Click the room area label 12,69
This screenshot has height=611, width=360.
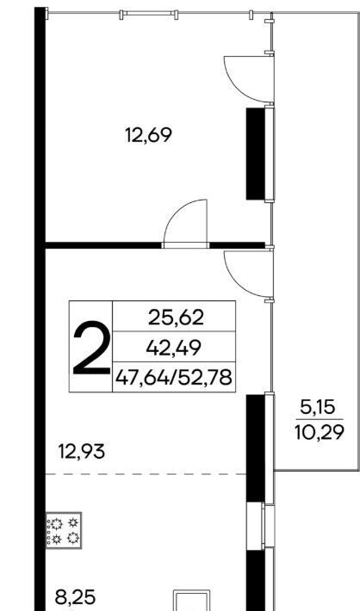click(148, 136)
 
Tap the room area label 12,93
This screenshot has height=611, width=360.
click(82, 452)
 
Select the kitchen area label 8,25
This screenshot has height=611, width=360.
click(75, 597)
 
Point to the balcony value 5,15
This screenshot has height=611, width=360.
click(318, 408)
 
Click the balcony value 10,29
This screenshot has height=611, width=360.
click(320, 432)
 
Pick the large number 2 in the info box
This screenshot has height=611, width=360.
click(91, 348)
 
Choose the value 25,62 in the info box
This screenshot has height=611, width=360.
click(176, 318)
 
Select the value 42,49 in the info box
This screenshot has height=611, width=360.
click(174, 348)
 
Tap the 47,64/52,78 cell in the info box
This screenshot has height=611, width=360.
click(174, 377)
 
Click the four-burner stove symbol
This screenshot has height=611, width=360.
click(64, 530)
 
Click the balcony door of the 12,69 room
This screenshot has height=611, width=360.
click(250, 79)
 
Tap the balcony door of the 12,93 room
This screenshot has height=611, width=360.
click(250, 275)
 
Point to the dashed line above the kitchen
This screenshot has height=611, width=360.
click(146, 474)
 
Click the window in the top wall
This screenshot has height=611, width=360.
click(148, 15)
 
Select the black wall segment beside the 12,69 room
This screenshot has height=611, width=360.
click(256, 153)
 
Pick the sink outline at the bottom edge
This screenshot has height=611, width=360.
click(191, 601)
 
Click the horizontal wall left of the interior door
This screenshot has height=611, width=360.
click(103, 245)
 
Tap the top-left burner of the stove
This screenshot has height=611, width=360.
click(58, 524)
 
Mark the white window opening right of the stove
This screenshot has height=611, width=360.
click(256, 526)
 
